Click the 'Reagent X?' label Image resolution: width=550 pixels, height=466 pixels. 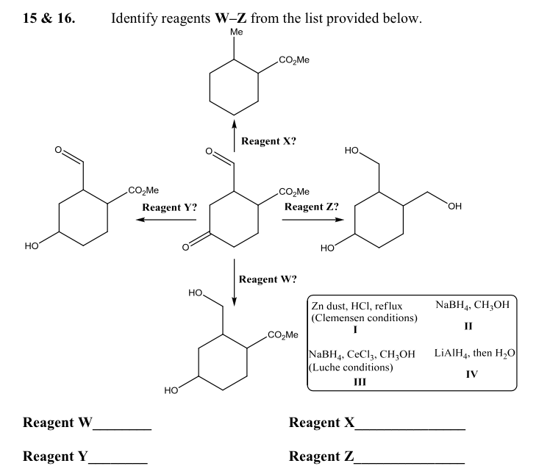point(269,141)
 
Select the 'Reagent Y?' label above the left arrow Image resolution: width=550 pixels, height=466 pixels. point(169,207)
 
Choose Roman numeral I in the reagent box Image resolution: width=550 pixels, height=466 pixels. point(355,330)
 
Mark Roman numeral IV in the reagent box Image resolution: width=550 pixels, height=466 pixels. point(472,374)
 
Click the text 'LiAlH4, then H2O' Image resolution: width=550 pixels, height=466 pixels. point(474,354)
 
